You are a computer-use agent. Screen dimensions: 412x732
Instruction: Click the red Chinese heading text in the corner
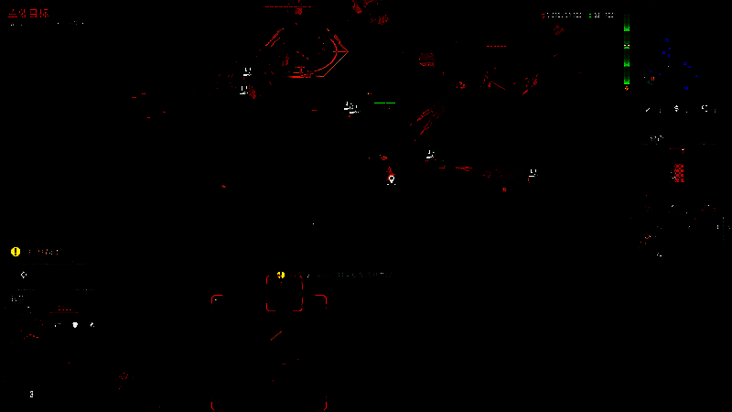[28, 14]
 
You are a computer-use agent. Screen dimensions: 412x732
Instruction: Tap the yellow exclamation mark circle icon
[16, 252]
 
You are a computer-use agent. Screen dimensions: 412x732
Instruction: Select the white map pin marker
[392, 179]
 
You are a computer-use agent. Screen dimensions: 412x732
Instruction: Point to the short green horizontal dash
[384, 103]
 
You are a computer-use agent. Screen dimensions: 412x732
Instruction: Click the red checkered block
[679, 172]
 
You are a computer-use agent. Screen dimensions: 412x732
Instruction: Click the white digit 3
[31, 395]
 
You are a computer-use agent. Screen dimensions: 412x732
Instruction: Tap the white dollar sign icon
[676, 109]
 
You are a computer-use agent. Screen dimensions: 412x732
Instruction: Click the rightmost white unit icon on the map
[532, 173]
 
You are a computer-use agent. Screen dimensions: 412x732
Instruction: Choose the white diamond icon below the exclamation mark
[24, 275]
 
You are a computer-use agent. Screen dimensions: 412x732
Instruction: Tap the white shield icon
[75, 324]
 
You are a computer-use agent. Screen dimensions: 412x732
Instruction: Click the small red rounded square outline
[284, 294]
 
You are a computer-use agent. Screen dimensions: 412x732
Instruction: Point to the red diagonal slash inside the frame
[275, 336]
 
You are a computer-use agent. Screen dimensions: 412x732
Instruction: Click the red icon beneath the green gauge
[627, 89]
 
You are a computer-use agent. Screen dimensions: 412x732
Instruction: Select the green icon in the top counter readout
[590, 15]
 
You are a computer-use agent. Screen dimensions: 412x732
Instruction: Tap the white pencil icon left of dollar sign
[649, 109]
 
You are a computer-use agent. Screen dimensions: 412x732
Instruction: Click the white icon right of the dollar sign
[705, 109]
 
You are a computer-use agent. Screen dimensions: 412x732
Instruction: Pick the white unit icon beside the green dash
[350, 107]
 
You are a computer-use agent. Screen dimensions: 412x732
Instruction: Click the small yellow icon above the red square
[281, 275]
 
